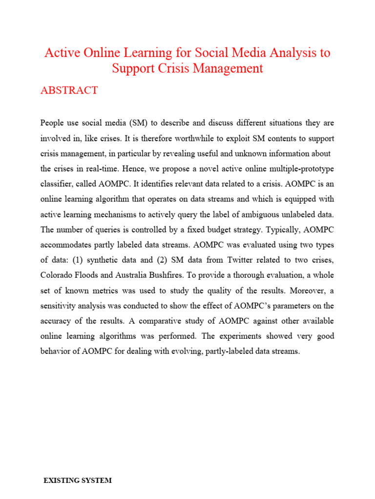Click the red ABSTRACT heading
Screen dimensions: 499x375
(x=69, y=90)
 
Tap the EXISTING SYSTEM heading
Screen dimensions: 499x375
(x=78, y=480)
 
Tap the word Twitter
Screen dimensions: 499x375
(x=215, y=259)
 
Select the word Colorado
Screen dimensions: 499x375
(x=57, y=275)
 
